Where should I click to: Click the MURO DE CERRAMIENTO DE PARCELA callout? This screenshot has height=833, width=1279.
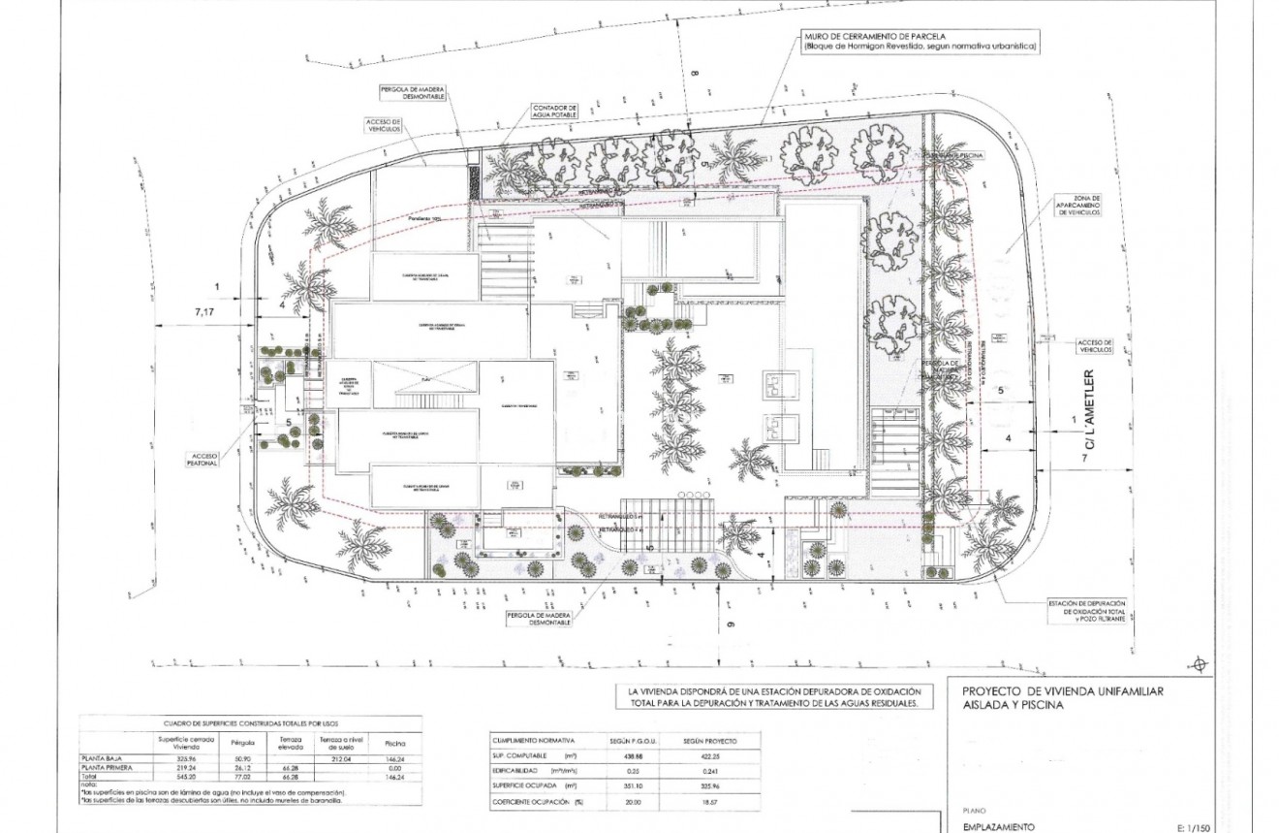pos(918,41)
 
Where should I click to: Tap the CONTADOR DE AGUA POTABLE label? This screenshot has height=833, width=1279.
pos(554,112)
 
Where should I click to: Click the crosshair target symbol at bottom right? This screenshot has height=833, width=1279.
pos(1200,664)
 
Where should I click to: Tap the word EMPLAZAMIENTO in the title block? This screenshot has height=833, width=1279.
pos(998,827)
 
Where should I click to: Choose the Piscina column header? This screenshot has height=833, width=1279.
pos(394,742)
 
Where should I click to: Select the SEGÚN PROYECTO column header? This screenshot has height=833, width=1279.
pos(709,741)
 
